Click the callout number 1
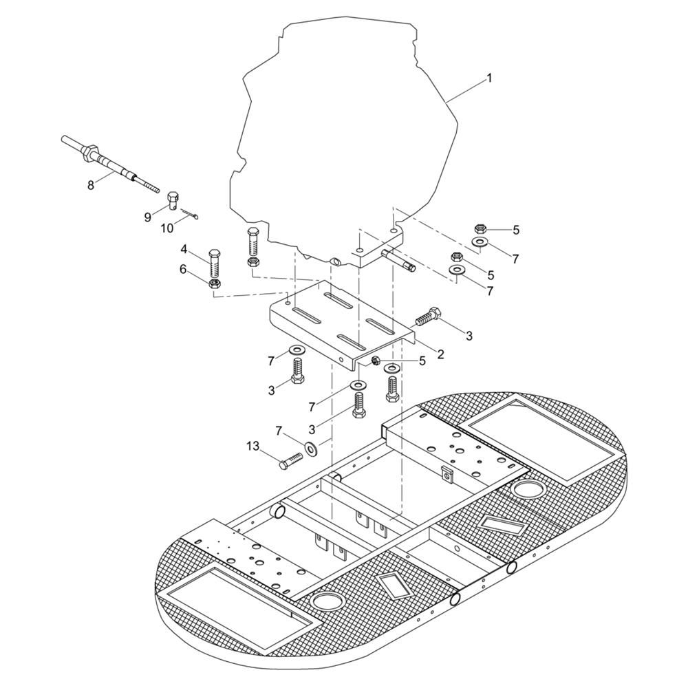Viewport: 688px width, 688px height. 488,78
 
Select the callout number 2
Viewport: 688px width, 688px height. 440,354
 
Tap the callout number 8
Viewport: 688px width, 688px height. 90,185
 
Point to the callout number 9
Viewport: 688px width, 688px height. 148,217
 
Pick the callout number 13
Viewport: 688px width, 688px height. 252,447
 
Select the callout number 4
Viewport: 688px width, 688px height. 184,250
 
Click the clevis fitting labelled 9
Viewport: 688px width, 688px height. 173,201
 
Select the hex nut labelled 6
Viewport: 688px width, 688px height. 215,283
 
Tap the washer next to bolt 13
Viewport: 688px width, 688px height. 312,449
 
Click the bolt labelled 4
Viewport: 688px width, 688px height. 215,264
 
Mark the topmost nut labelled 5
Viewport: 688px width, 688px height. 480,228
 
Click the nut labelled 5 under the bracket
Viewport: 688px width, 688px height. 376,361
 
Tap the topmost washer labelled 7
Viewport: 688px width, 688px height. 480,241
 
